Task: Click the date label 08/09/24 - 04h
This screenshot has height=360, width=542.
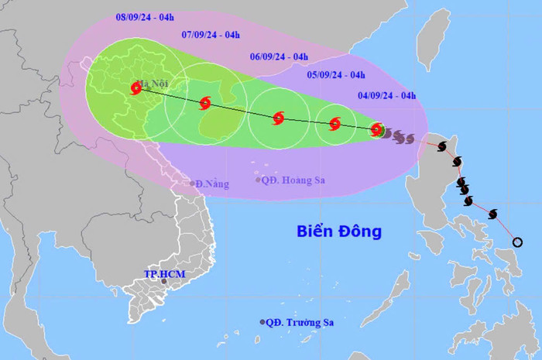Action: pyautogui.click(x=144, y=15)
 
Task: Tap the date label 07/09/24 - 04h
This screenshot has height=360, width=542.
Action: pyautogui.click(x=211, y=34)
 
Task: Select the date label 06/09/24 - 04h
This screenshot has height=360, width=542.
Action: pyautogui.click(x=279, y=57)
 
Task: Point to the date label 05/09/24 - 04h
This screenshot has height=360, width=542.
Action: pyautogui.click(x=336, y=75)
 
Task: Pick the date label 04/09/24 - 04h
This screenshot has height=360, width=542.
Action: pyautogui.click(x=386, y=95)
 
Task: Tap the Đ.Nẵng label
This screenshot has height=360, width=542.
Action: pyautogui.click(x=214, y=183)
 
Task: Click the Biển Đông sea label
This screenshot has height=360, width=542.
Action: pyautogui.click(x=339, y=231)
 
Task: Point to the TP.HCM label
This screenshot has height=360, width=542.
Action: pyautogui.click(x=163, y=274)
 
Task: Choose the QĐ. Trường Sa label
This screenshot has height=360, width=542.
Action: pyautogui.click(x=301, y=322)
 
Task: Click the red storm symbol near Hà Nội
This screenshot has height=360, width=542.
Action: pyautogui.click(x=136, y=89)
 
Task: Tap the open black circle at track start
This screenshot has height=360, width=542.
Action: pyautogui.click(x=517, y=242)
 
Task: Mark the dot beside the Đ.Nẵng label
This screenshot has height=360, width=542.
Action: pyautogui.click(x=194, y=183)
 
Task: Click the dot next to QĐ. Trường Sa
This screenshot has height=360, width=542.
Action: pyautogui.click(x=262, y=322)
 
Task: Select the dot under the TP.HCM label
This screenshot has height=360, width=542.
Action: pyautogui.click(x=164, y=283)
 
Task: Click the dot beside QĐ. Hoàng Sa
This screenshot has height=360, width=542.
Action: pyautogui.click(x=259, y=180)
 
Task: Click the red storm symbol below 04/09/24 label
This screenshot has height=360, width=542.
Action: pyautogui.click(x=376, y=129)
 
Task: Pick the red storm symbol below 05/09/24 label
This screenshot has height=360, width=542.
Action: pyautogui.click(x=334, y=123)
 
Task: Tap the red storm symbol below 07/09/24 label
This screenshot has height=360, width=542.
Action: pyautogui.click(x=205, y=103)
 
